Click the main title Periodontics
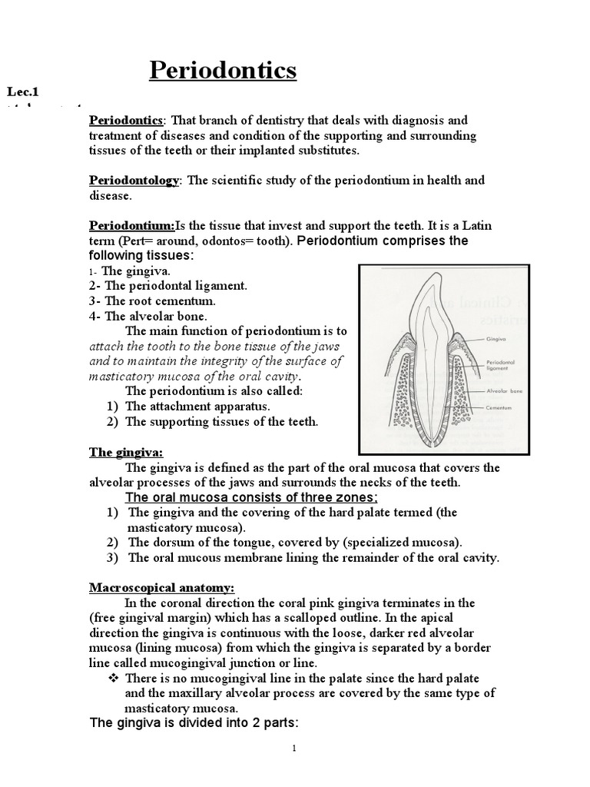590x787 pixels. (x=222, y=71)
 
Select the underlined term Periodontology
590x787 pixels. (x=134, y=180)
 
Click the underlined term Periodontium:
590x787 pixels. (x=132, y=225)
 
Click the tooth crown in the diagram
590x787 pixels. (x=426, y=307)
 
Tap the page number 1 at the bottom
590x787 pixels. (x=294, y=750)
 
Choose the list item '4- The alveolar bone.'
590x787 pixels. (x=149, y=316)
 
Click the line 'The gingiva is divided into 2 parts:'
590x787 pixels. (x=194, y=723)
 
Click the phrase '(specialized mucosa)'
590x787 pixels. (x=406, y=542)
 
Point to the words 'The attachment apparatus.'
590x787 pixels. (x=197, y=406)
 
